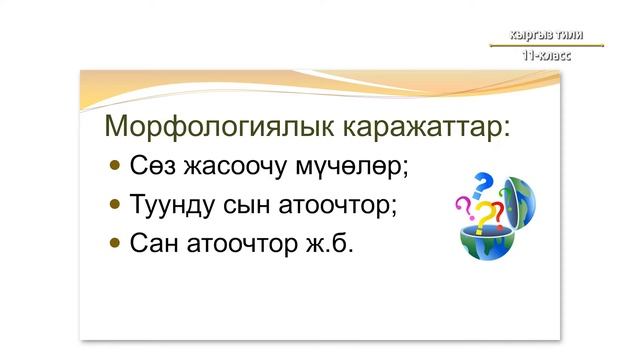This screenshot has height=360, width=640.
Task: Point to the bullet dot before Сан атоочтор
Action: tap(116, 242)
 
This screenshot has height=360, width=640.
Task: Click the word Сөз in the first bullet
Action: tap(151, 165)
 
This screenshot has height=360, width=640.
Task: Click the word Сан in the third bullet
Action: tap(155, 243)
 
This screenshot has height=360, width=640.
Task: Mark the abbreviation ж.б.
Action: tap(328, 243)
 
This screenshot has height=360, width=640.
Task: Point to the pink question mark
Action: tap(463, 207)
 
